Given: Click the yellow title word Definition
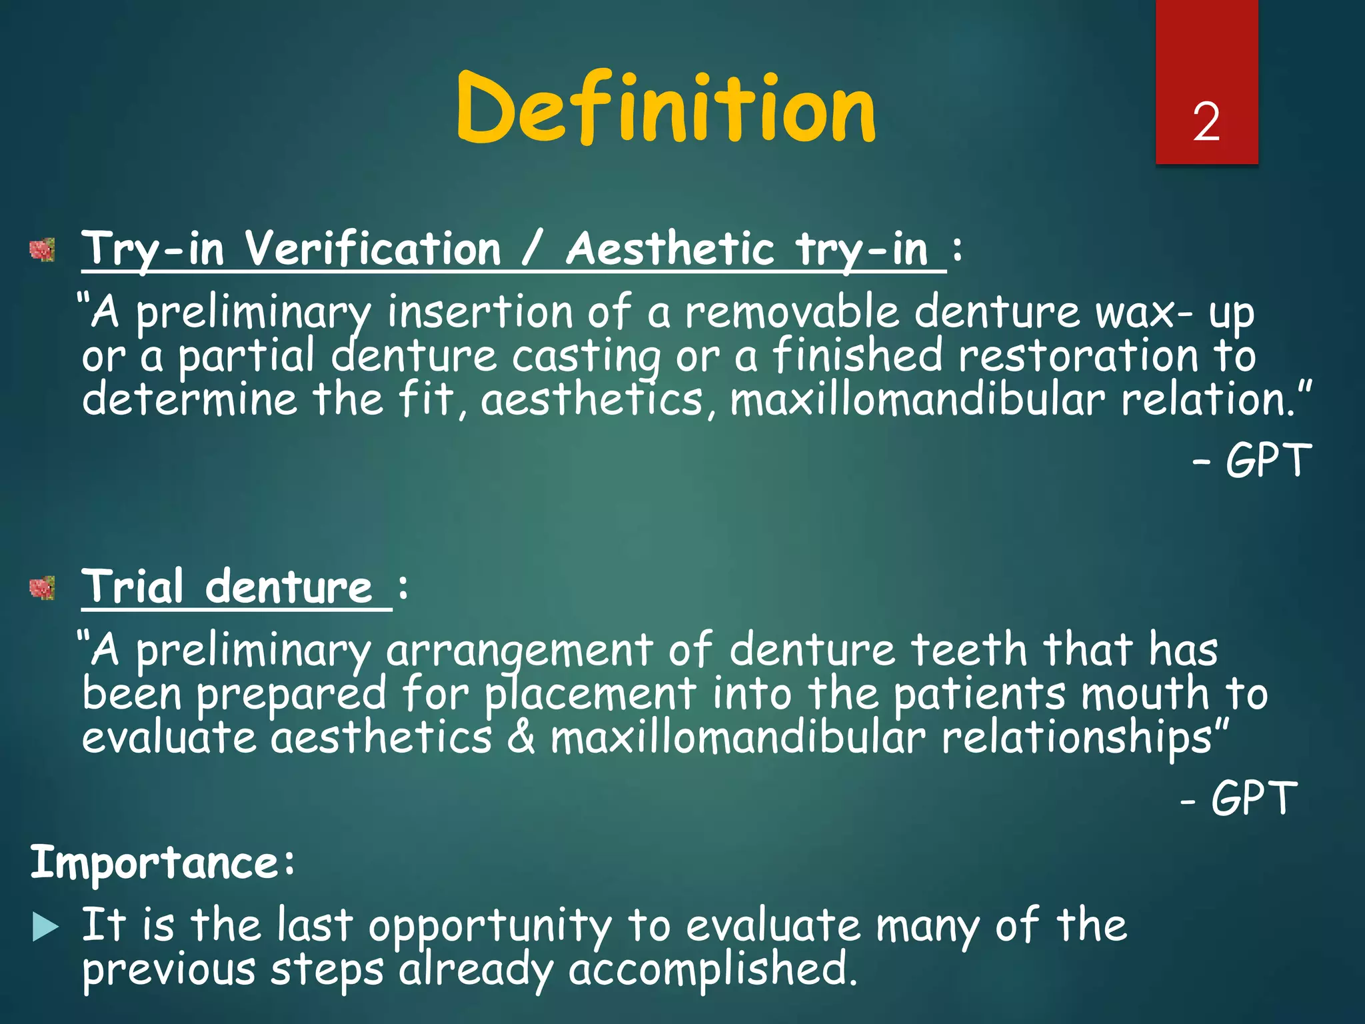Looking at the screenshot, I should [x=665, y=108].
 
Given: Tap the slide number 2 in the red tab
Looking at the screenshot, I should [x=1206, y=123].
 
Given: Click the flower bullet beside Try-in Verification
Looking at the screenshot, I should [x=43, y=251].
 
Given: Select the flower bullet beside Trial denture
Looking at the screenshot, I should [x=43, y=588].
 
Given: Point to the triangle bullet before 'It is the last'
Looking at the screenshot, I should [x=45, y=927].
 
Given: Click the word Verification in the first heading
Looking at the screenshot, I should [x=372, y=249].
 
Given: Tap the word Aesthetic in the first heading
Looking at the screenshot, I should [x=670, y=249].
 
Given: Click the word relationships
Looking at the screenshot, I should [x=1076, y=738].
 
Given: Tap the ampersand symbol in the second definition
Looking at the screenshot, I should [x=521, y=738].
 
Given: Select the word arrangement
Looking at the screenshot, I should [x=520, y=650].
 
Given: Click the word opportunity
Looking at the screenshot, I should [x=490, y=927].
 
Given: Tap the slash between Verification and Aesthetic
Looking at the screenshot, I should [x=533, y=249].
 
